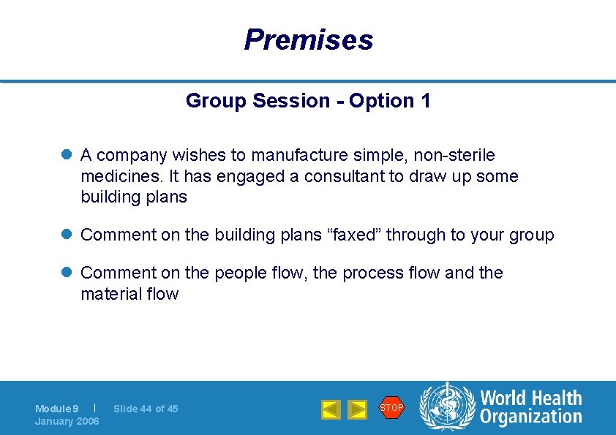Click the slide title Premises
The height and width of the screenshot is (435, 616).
click(308, 39)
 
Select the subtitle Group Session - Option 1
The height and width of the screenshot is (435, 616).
click(308, 101)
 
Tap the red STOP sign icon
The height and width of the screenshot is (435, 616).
click(391, 407)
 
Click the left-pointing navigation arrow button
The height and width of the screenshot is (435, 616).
click(331, 409)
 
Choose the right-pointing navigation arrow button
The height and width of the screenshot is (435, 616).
click(357, 409)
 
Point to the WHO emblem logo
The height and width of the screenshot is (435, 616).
click(447, 407)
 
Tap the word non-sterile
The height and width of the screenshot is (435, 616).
click(454, 155)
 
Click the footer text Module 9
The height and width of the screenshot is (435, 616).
click(57, 409)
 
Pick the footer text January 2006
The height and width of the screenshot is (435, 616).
click(67, 421)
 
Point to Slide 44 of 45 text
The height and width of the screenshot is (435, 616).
click(146, 409)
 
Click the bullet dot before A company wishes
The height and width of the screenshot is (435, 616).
click(66, 155)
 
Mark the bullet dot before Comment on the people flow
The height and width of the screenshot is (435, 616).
click(66, 273)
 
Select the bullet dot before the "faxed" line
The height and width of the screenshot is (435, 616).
click(66, 235)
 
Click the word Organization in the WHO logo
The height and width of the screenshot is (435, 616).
click(530, 417)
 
